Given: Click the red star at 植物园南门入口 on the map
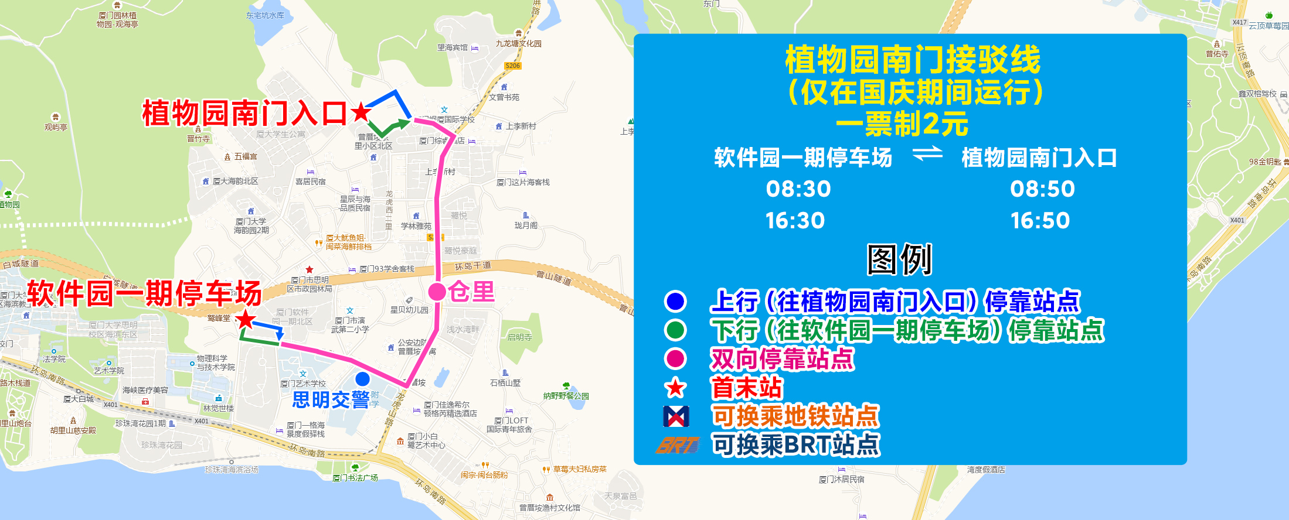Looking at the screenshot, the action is (x=361, y=111).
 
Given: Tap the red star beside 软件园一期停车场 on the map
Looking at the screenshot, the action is (x=246, y=320).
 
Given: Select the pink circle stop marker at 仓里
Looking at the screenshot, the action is (x=437, y=291).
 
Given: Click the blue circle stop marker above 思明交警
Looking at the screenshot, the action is (x=363, y=379).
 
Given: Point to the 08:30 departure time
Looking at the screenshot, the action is (x=798, y=189).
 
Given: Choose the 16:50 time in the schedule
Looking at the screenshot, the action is (x=1040, y=221).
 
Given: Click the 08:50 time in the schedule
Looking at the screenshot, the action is (x=1042, y=189).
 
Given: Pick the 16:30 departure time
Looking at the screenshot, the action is (x=795, y=221).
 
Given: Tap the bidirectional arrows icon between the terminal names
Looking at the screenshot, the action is (x=927, y=154).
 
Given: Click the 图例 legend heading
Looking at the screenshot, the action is (x=899, y=259).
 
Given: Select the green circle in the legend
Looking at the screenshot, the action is (x=675, y=330).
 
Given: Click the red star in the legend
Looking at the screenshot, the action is (x=675, y=388).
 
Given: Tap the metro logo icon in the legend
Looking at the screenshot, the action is (x=675, y=416).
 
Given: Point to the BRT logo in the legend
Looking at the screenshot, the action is (x=678, y=446).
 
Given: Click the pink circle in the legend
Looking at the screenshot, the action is (x=675, y=359).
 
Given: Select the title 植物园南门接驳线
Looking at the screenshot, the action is (x=912, y=59).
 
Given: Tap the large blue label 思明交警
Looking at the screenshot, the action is (x=331, y=400).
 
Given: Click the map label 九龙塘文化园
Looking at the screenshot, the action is (x=518, y=43).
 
